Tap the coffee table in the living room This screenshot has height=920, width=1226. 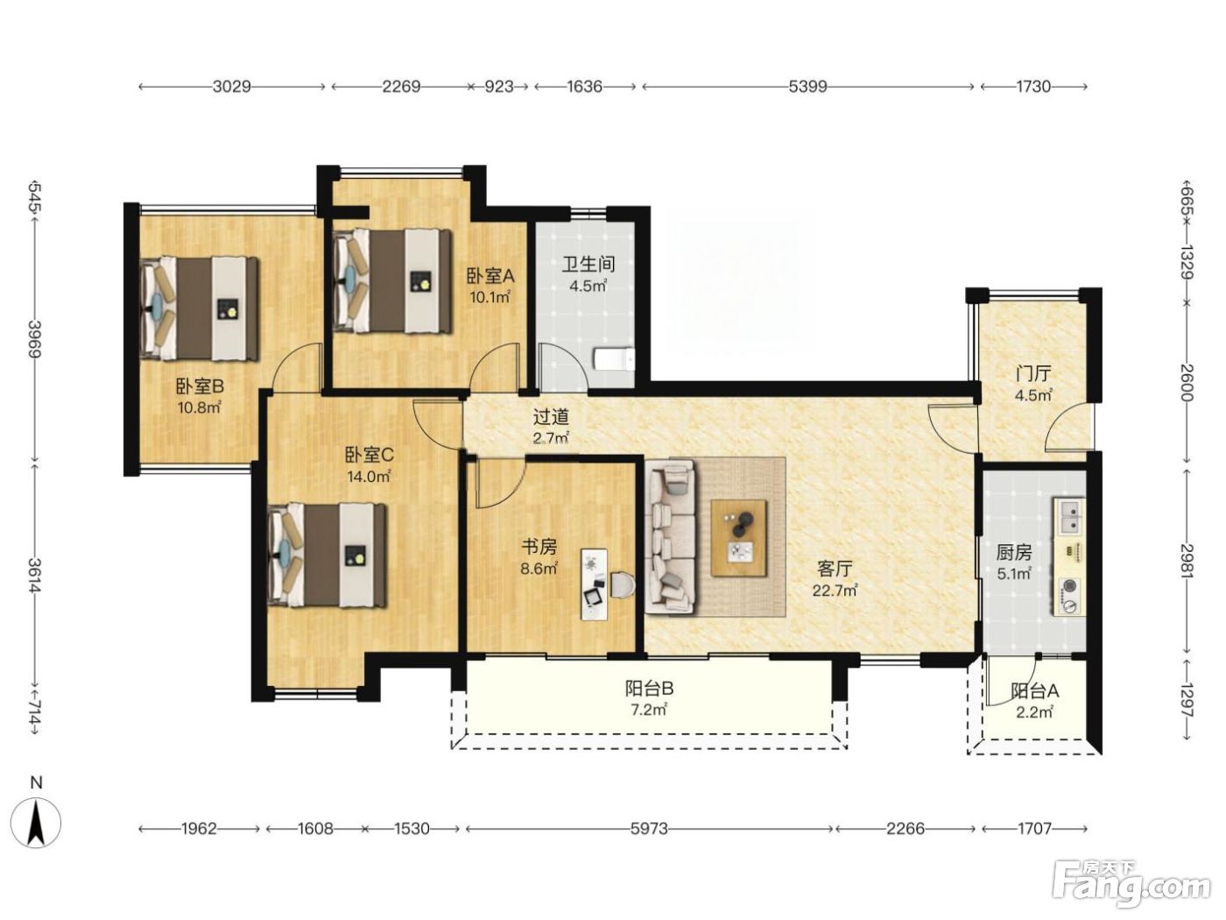pos(738,538)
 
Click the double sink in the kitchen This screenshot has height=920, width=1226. pos(1070,517)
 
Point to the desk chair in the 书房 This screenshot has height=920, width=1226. pos(623,584)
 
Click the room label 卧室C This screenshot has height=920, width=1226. pos(369,456)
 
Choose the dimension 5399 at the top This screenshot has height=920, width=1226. pos(807,87)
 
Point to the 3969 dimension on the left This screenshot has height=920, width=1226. pos(35,339)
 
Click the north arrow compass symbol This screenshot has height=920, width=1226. pos(37,822)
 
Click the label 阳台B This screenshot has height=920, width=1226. pos(649,688)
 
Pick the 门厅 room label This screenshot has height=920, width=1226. pos(1033,373)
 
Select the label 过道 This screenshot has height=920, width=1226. pos(551,417)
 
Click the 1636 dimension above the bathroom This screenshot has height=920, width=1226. pos(584,87)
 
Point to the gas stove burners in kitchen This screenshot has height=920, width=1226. pos(1070,596)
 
